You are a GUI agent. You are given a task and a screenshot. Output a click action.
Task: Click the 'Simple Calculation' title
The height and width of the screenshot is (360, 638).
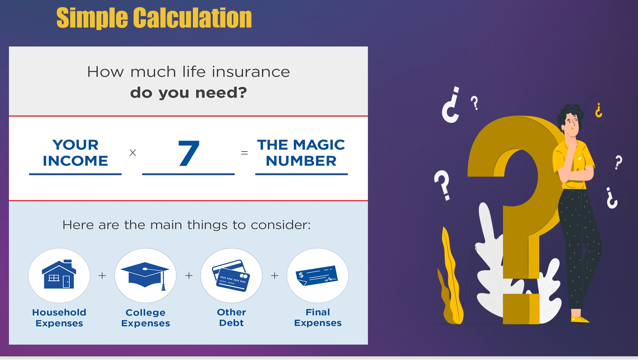[154, 18]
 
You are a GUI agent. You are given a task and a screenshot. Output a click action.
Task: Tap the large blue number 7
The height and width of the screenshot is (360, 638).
[189, 153]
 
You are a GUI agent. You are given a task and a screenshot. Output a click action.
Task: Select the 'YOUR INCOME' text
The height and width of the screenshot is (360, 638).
[75, 153]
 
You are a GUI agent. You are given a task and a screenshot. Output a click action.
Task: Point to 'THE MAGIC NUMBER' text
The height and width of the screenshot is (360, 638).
[301, 153]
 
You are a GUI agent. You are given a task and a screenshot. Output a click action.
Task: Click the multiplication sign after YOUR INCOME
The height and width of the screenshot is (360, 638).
[133, 153]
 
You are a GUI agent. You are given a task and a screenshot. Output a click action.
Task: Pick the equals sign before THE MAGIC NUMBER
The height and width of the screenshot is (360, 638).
[244, 153]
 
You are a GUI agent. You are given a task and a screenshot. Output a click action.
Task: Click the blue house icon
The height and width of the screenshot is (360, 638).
[59, 274]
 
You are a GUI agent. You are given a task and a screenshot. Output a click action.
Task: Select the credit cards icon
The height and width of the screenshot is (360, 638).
[231, 276]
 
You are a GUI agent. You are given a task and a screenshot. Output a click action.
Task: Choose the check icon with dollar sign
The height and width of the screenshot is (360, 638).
[317, 275]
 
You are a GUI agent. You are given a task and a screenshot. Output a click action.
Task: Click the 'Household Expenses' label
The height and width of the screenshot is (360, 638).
[59, 318]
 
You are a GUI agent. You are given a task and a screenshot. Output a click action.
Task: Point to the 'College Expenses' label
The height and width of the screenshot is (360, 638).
[145, 318]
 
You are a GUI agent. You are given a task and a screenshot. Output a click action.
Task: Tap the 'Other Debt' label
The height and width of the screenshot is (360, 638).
[231, 317]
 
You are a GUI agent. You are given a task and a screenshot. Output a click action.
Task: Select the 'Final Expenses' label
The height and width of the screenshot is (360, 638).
[318, 317]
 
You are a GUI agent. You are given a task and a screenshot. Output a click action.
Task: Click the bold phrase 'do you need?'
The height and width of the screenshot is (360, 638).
[189, 93]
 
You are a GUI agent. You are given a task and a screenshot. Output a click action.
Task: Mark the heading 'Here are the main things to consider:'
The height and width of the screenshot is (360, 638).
[186, 225]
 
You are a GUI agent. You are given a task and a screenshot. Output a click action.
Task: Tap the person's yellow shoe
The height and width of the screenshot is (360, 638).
[579, 319]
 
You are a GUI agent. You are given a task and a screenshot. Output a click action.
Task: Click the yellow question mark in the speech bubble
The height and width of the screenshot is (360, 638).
[599, 110]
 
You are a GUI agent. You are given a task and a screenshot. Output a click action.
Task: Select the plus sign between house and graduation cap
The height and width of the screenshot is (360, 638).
[102, 276]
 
